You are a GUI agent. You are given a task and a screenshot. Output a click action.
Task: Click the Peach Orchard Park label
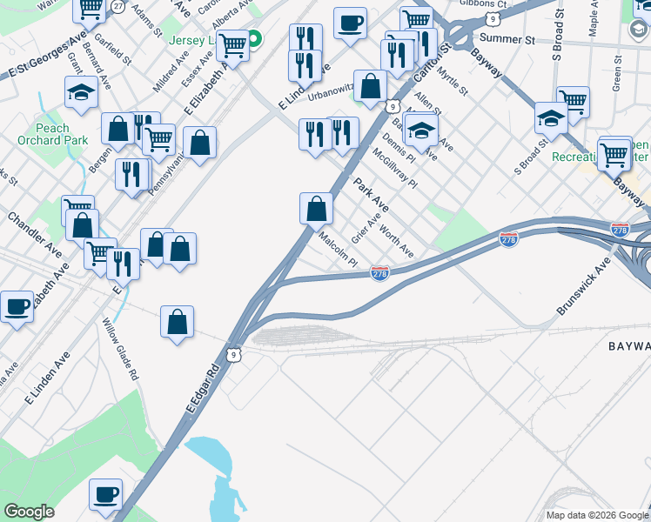coord(52,134)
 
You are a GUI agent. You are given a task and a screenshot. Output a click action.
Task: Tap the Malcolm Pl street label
coord(339,249)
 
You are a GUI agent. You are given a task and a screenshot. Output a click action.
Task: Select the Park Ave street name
coord(371,197)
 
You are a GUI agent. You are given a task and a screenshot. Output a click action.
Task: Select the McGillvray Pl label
coord(395,165)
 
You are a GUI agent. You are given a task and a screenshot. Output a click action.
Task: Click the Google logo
coord(29,512)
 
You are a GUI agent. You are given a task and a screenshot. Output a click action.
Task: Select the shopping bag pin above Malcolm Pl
coord(316,208)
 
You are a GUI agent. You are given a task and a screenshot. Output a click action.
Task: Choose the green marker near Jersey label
coord(255,39)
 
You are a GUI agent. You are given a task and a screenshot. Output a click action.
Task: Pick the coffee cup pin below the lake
coord(106,493)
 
